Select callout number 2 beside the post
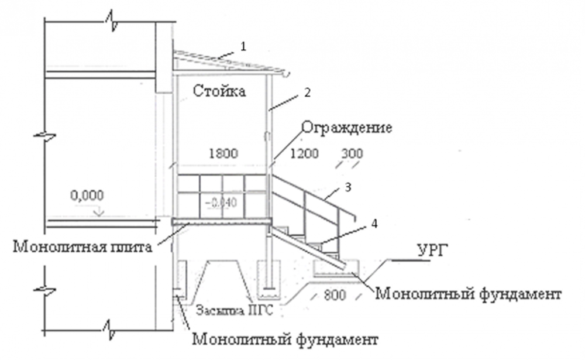point(305,92)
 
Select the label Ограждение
point(346,128)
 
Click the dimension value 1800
point(223,154)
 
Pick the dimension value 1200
point(304,154)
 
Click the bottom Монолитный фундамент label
point(285,339)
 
